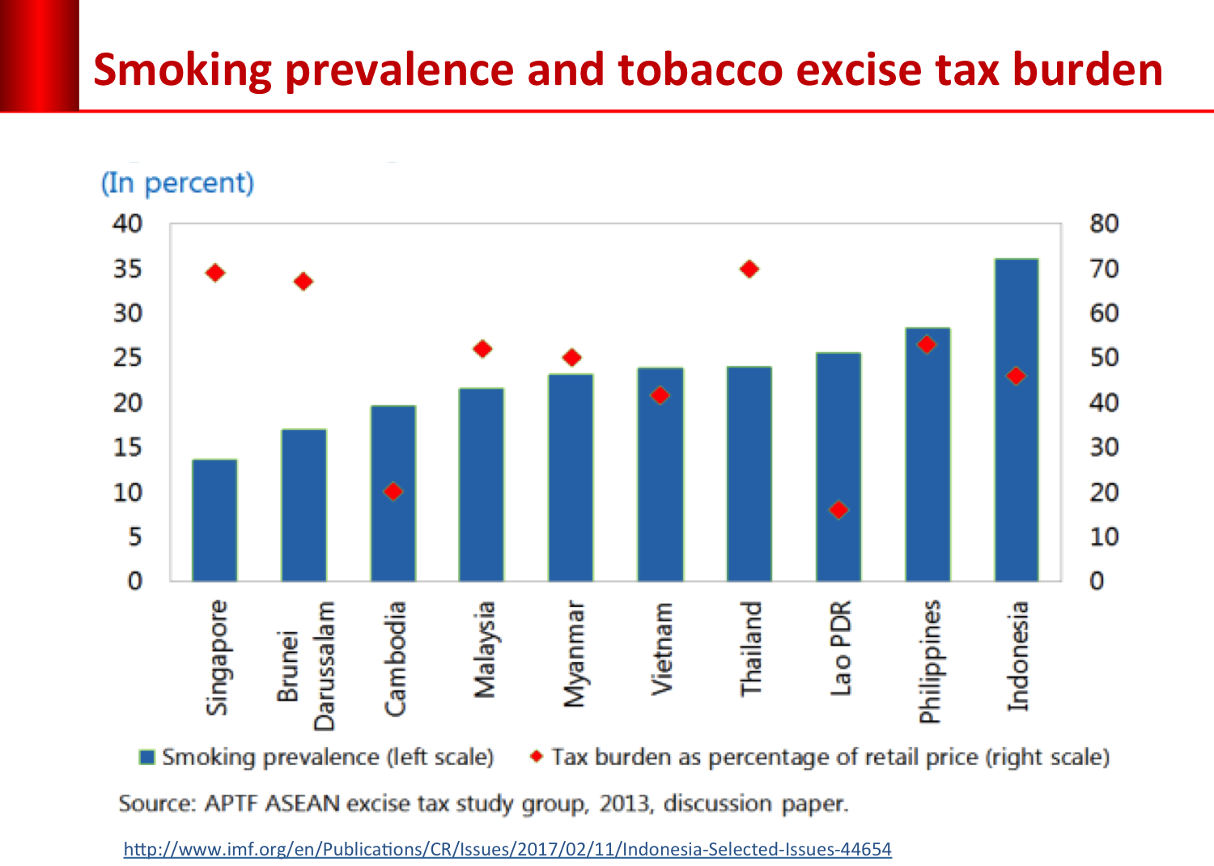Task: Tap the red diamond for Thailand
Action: [749, 269]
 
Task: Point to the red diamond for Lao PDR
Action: [838, 510]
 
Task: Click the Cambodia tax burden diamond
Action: [393, 491]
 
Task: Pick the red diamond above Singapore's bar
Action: [214, 273]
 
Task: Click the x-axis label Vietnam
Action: [662, 648]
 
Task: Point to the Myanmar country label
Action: [573, 654]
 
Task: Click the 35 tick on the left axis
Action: [127, 269]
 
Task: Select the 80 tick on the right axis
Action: [1104, 223]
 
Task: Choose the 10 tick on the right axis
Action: [1104, 537]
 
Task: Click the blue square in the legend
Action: [146, 758]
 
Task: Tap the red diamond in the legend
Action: [536, 756]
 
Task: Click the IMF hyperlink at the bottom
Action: [507, 849]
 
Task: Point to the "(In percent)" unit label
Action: [177, 183]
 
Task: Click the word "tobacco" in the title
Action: [696, 70]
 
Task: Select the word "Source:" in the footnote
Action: [157, 804]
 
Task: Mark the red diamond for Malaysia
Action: [482, 349]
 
